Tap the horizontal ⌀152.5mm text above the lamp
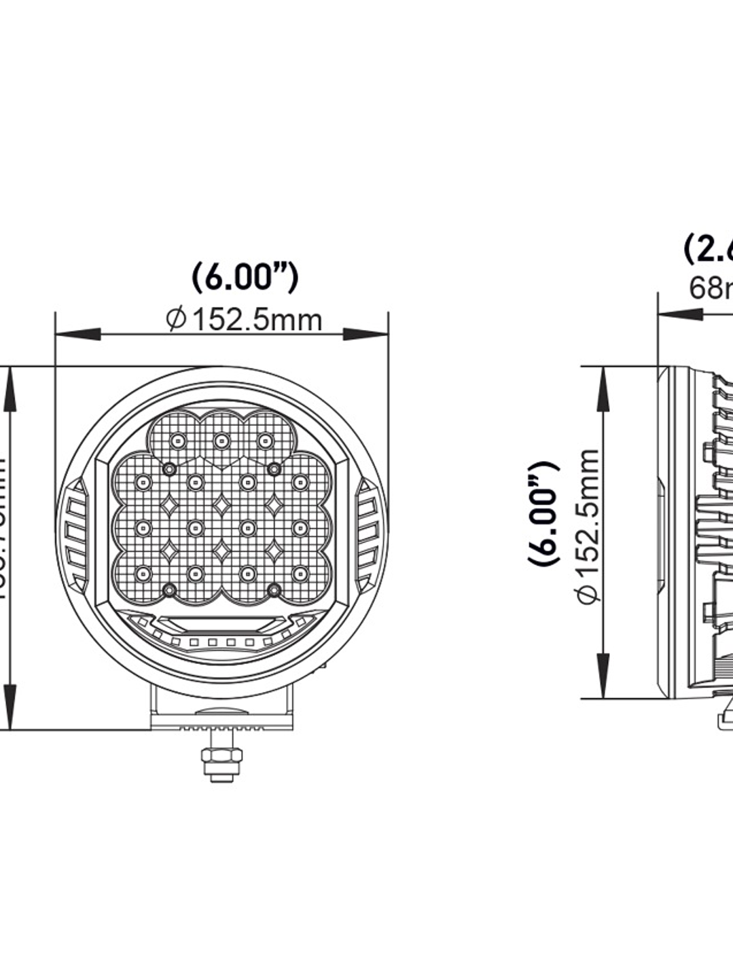click(x=245, y=319)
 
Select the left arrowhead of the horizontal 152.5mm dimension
click(x=77, y=334)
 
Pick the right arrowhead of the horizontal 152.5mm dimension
click(x=365, y=334)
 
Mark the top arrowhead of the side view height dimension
click(x=603, y=390)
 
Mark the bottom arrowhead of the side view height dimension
click(x=603, y=675)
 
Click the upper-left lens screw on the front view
click(x=169, y=468)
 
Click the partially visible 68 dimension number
click(x=710, y=288)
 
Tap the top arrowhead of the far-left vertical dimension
click(x=9, y=390)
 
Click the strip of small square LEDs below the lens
click(x=221, y=642)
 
